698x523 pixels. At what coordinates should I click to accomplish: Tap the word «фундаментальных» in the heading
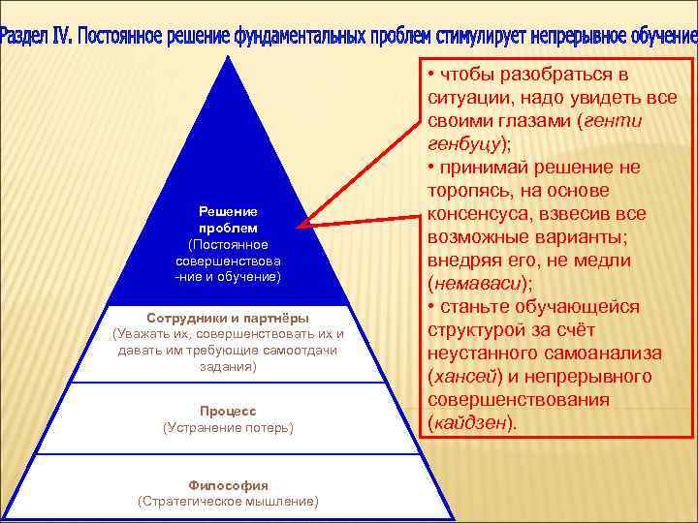(x=301, y=37)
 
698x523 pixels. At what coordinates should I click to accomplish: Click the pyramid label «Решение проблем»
(x=228, y=219)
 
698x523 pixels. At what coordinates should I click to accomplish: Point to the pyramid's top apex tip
(x=228, y=57)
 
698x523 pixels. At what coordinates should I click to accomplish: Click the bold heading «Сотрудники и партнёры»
(x=228, y=317)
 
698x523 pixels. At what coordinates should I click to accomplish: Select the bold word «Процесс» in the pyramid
(x=228, y=410)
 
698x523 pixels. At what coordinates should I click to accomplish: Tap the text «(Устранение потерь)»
(x=228, y=426)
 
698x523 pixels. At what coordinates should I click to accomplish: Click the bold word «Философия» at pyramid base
(x=228, y=484)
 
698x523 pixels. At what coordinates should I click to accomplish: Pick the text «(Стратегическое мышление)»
(x=228, y=501)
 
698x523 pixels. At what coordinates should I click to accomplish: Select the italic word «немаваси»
(x=479, y=284)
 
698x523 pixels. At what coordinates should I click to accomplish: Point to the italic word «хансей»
(x=464, y=377)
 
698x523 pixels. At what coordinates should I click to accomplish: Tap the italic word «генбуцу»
(x=464, y=144)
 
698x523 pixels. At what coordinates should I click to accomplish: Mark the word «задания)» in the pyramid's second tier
(x=228, y=367)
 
